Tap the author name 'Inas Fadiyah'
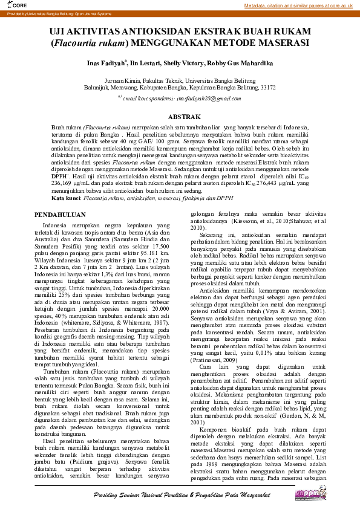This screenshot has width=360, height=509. tap(105, 63)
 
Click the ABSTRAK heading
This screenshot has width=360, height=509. tap(180, 116)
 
